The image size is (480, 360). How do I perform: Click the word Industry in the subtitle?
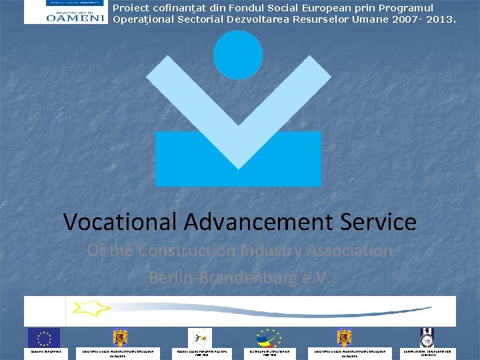pyautogui.click(x=279, y=251)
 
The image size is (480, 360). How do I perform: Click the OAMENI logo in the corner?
pyautogui.click(x=65, y=12)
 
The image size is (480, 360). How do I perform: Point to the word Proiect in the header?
pyautogui.click(x=131, y=8)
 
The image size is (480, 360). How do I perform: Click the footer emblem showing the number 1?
pyautogui.click(x=427, y=337)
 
